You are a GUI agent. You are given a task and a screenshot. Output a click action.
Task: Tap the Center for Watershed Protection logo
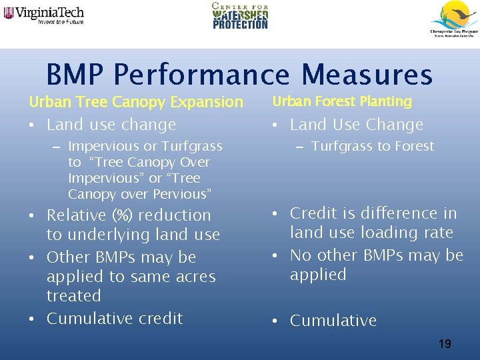point(240,16)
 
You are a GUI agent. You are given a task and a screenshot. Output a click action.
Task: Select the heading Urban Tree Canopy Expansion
point(136,102)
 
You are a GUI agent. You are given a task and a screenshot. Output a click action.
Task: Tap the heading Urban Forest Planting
point(342,101)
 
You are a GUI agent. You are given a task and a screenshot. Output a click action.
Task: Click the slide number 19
point(445,344)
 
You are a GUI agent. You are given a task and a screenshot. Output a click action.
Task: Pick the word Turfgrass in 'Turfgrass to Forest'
point(340,146)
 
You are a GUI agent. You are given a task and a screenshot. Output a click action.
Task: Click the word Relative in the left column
point(71,215)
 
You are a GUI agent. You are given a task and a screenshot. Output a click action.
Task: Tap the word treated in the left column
point(73,295)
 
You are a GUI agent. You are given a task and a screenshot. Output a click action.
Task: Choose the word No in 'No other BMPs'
point(301,255)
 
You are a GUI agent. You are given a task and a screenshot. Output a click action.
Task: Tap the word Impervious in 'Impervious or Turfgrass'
point(102,146)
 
